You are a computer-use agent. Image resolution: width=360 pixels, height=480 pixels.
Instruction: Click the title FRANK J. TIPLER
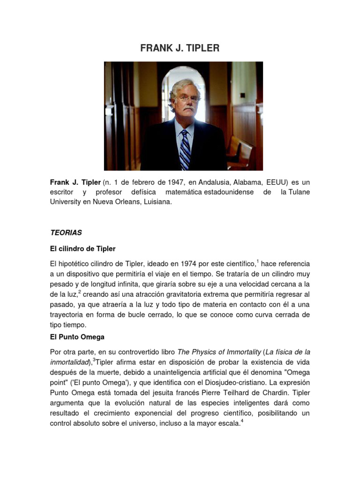[180, 48]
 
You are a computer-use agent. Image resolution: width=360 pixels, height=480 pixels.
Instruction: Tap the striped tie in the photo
[185, 149]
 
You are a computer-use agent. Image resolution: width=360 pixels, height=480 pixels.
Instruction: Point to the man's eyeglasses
[187, 99]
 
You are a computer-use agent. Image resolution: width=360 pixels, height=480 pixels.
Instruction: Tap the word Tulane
[298, 192]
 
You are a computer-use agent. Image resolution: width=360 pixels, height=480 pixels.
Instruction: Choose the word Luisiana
[157, 202]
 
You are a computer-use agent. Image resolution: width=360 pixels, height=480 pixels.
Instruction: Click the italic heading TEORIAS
[66, 232]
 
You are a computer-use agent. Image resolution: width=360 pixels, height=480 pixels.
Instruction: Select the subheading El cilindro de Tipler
[82, 248]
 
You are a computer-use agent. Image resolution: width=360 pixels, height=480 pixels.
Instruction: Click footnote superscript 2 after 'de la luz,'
[80, 292]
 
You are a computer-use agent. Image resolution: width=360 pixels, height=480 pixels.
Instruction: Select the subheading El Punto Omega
[77, 337]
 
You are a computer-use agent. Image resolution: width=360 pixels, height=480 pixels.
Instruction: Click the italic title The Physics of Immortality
[219, 352]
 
